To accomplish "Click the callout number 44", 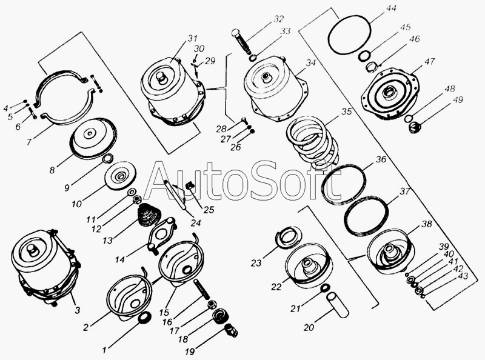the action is tap(390, 8).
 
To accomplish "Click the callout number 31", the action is tap(192, 38).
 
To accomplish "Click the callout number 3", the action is tap(78, 310).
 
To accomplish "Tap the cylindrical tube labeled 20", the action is tap(338, 305).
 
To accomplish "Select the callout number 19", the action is tap(190, 352).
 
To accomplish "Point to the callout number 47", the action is tap(430, 61).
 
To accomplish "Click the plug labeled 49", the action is tap(414, 127).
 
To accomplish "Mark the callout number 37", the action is tap(404, 191).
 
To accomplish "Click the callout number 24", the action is tap(196, 222).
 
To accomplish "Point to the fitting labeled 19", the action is tap(231, 331).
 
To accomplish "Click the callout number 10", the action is tap(76, 204).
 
